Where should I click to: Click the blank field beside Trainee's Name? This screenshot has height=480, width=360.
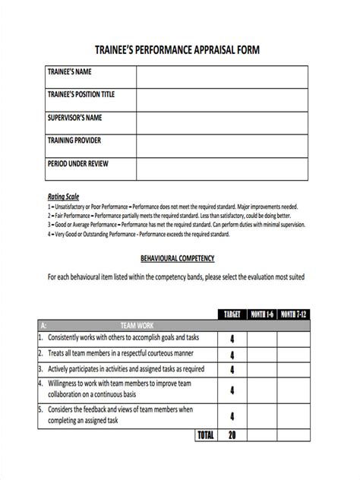[222, 77]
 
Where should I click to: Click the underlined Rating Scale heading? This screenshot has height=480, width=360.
[63, 197]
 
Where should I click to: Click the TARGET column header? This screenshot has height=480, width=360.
[232, 315]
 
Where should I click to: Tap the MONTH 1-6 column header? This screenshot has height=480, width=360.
[261, 315]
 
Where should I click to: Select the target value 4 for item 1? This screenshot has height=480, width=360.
[232, 339]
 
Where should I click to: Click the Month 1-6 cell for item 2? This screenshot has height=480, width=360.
[261, 354]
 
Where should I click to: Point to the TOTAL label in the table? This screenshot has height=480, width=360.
[205, 435]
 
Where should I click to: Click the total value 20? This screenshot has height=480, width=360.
[232, 435]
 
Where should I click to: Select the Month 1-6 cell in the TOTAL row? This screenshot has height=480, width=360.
[261, 435]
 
